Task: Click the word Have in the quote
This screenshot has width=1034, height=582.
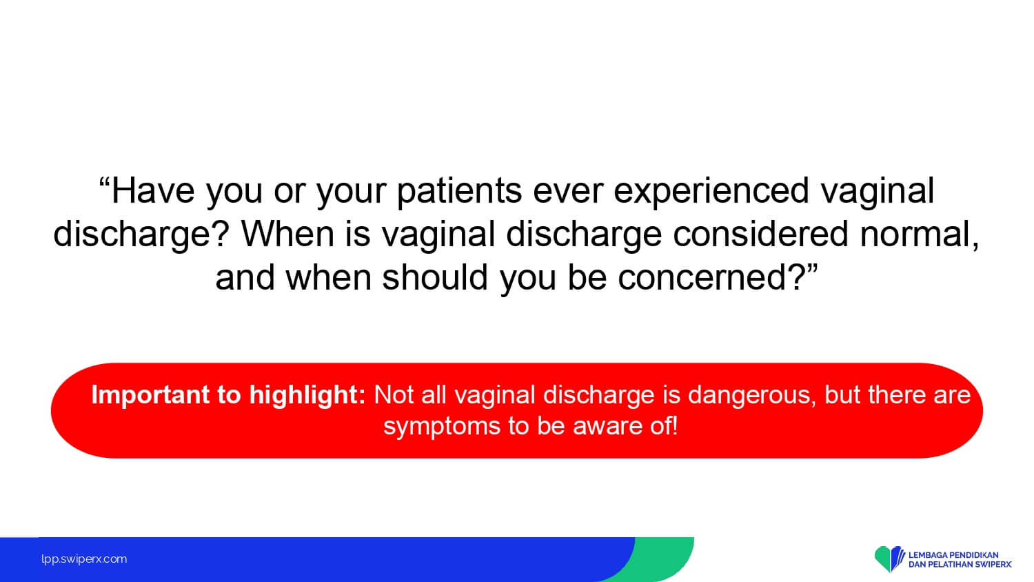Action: point(153,190)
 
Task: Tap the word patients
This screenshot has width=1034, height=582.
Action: point(459,191)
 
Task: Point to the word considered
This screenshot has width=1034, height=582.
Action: point(760,234)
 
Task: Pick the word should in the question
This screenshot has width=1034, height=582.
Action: point(435,277)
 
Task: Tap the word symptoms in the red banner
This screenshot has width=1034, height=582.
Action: point(442,427)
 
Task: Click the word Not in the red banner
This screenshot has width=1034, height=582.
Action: point(394,395)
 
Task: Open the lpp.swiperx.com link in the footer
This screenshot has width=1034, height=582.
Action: point(84,559)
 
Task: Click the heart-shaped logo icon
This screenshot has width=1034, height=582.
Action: point(889,558)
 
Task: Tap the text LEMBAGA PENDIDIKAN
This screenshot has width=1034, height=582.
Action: point(953,554)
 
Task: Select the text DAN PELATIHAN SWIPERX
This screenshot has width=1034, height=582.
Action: point(960,565)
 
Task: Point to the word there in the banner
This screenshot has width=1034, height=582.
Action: point(895,395)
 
